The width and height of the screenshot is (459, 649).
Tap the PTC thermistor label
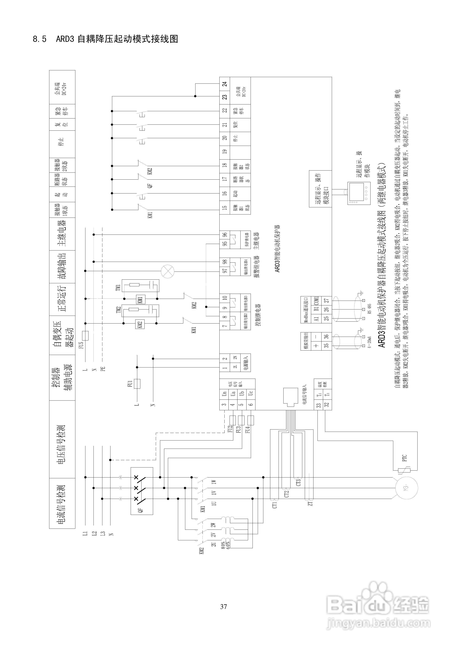(x=404, y=458)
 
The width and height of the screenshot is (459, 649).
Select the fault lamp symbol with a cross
(x=167, y=271)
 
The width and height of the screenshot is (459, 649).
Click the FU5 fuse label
(x=81, y=345)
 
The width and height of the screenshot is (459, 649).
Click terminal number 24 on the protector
(x=225, y=84)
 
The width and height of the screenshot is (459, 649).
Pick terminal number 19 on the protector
(x=225, y=151)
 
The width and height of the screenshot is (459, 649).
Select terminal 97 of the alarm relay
(x=225, y=271)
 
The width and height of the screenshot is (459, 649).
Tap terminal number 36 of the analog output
(x=326, y=336)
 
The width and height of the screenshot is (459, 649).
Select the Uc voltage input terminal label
(x=251, y=393)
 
